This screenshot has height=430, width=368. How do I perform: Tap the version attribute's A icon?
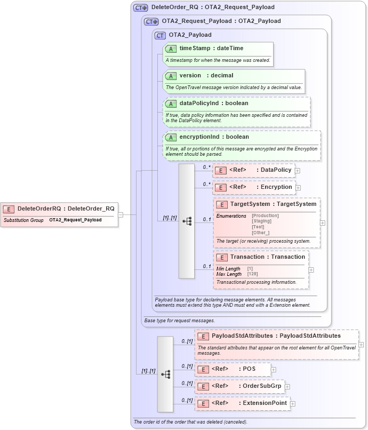tap(171, 76)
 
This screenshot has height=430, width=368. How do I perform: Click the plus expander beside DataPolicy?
tap(298, 171)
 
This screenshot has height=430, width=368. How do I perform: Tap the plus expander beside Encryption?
tap(298, 188)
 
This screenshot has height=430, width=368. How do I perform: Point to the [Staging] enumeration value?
tap(262, 221)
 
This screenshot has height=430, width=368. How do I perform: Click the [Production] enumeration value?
tap(265, 216)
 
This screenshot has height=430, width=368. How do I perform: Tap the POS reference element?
tap(234, 369)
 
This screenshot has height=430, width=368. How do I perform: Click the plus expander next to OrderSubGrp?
tap(287, 387)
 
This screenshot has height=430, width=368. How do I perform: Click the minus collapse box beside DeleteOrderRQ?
tap(121, 215)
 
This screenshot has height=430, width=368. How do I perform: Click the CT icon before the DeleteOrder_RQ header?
tap(141, 8)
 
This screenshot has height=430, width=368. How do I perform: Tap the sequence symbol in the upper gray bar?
tap(187, 221)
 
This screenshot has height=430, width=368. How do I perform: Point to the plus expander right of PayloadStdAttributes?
tap(361, 345)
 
